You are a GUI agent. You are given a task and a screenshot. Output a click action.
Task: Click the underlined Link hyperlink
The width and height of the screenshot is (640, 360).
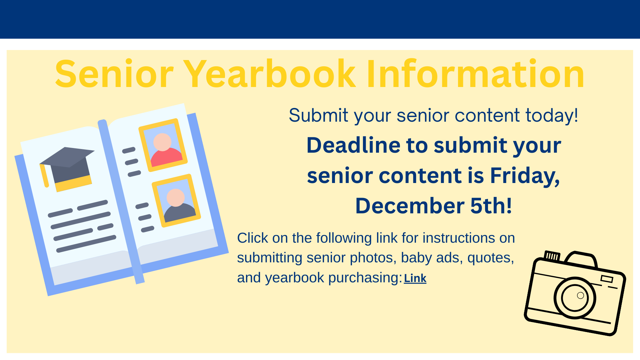point(415,278)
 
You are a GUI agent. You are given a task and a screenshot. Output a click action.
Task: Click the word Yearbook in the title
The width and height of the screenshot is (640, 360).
point(269,74)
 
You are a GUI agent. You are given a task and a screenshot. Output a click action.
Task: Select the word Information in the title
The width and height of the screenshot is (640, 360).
point(476,74)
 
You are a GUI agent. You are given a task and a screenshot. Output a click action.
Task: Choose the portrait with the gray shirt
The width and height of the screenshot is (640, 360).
point(176,201)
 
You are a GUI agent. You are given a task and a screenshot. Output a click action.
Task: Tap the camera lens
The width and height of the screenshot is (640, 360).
point(575,298)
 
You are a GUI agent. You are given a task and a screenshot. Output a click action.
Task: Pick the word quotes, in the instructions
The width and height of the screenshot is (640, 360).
point(491,258)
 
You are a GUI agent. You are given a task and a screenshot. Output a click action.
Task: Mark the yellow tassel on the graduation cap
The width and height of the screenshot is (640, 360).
point(44,175)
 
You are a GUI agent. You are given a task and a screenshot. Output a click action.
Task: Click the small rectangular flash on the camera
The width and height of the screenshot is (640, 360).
point(607,279)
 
